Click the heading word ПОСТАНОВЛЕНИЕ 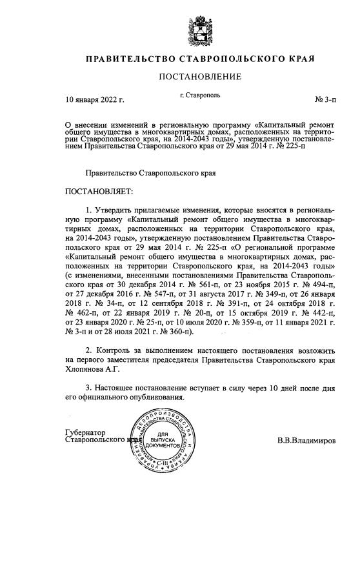pos(200,77)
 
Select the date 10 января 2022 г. pos(95,100)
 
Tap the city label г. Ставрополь pos(200,96)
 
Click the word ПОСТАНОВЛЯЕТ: pos(99,192)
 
